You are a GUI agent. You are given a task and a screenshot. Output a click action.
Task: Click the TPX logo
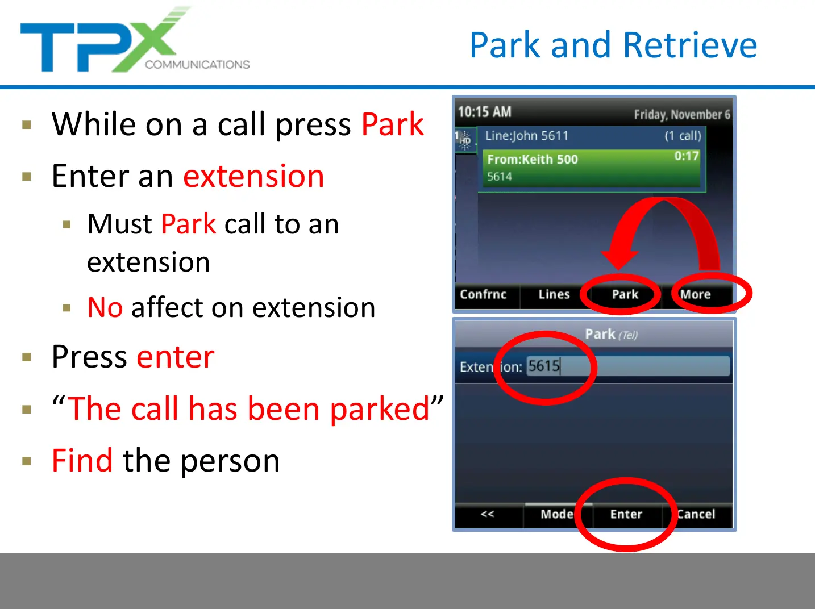click(x=135, y=39)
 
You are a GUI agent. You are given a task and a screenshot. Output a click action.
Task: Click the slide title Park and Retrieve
click(x=613, y=45)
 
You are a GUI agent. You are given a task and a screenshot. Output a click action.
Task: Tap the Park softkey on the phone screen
click(x=625, y=294)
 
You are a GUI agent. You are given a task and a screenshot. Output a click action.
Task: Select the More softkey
click(x=695, y=294)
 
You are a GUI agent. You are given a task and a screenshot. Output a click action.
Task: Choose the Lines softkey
click(x=554, y=294)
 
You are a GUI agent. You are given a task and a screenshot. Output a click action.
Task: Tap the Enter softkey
click(x=626, y=514)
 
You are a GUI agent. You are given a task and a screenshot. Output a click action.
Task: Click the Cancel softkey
click(x=696, y=514)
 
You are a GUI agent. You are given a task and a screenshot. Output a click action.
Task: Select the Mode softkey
click(x=557, y=514)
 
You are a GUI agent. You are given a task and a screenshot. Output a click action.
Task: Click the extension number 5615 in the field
click(x=544, y=366)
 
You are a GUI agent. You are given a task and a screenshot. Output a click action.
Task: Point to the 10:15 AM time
click(x=485, y=112)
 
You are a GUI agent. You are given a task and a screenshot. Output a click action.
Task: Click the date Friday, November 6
click(x=682, y=115)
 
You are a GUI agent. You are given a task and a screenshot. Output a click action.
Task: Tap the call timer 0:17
click(x=687, y=156)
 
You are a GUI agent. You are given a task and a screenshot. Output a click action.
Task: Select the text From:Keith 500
click(x=533, y=159)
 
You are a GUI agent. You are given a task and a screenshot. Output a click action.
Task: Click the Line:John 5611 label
click(x=527, y=136)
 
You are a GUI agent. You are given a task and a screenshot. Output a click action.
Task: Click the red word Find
click(x=82, y=460)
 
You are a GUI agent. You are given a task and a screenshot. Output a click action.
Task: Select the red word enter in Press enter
click(x=176, y=357)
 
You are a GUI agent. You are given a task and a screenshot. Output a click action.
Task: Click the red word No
click(x=105, y=307)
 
